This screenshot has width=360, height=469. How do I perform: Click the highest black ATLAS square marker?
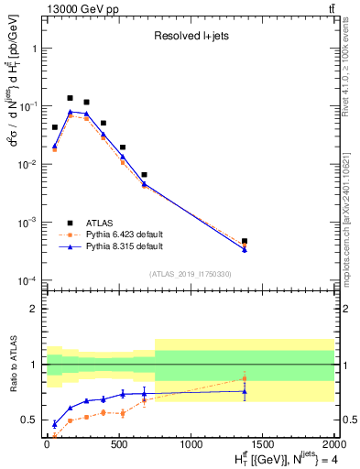point(70,98)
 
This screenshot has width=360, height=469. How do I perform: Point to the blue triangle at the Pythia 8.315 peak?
point(70,112)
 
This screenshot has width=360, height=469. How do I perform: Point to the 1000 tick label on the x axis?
point(191,444)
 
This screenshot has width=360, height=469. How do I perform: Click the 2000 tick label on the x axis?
point(334,444)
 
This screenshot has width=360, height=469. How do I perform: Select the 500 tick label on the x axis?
point(118,444)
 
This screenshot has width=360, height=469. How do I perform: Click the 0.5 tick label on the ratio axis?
point(32,420)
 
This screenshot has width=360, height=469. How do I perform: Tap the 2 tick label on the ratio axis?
point(36,309)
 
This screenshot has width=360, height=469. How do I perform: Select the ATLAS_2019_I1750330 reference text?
point(190,273)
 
